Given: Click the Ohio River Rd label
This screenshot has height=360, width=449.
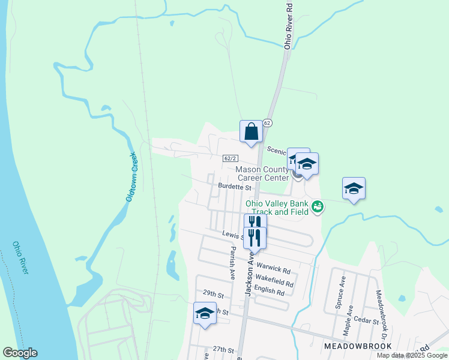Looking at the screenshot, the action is [288, 26].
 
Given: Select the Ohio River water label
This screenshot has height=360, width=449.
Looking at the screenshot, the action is [20, 258].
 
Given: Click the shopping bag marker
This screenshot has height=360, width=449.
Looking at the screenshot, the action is [251, 131].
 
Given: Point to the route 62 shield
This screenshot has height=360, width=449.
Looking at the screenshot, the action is [267, 122].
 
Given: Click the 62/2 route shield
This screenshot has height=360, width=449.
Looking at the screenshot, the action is [231, 158].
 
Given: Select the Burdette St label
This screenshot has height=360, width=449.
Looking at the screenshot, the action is [234, 187].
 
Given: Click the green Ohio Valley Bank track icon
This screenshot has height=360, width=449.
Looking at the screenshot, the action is [318, 208].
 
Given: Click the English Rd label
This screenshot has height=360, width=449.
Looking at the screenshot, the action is [269, 292].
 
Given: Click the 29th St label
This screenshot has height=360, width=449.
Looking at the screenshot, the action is [212, 295].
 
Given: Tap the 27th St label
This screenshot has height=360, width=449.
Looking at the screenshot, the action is [222, 349].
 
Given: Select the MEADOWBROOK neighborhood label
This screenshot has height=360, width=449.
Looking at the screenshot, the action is [358, 346].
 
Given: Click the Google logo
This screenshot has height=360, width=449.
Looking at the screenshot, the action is [20, 353].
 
